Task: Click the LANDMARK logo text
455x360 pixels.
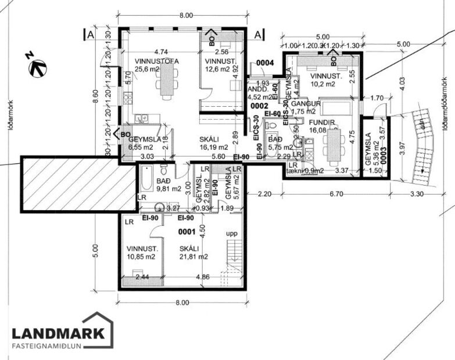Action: pyautogui.click(x=58, y=333)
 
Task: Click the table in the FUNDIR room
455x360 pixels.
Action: pyautogui.click(x=334, y=146)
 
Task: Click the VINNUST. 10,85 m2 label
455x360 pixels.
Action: pyautogui.click(x=141, y=251)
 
